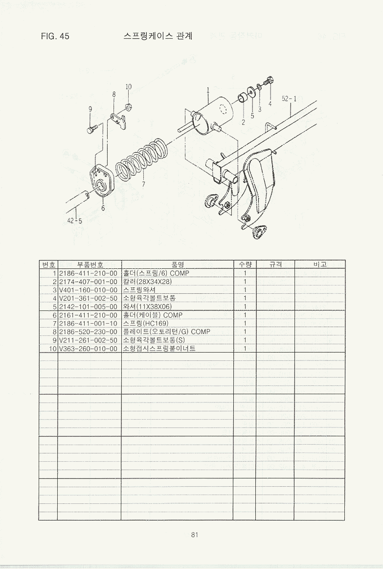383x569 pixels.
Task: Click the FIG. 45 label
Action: click(x=55, y=36)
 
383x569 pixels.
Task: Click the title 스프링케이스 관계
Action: click(x=158, y=36)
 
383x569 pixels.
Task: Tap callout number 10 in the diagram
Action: click(x=129, y=87)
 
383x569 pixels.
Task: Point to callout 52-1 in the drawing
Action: click(x=289, y=98)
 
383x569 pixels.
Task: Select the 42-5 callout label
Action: click(x=75, y=220)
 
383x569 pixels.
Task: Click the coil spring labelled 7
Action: click(x=142, y=158)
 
